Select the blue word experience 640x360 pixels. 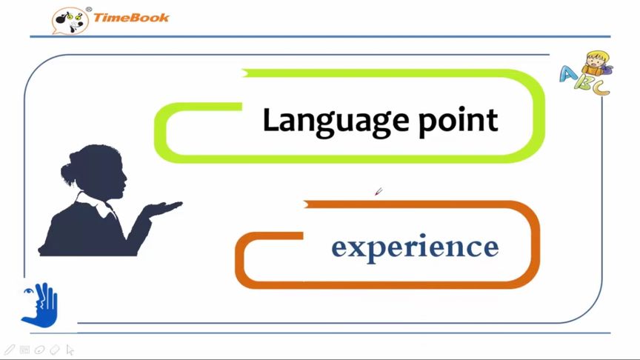click(415, 247)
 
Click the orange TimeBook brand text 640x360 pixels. click(131, 18)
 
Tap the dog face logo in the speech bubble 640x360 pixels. click(70, 21)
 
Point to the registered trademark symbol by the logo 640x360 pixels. click(89, 10)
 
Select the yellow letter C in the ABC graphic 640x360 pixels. click(601, 87)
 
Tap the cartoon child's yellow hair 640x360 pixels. click(597, 56)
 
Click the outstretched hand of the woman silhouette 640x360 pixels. click(165, 208)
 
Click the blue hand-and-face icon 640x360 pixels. click(39, 305)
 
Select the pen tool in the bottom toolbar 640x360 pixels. click(9, 350)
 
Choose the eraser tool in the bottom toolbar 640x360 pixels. click(55, 350)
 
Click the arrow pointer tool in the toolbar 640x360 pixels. click(70, 350)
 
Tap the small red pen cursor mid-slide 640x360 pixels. click(379, 191)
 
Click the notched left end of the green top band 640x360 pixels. click(244, 73)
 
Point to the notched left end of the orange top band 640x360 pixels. click(306, 204)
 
